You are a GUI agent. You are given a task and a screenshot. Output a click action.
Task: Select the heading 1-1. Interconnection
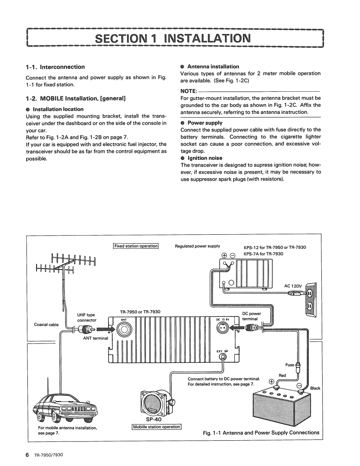click(x=55, y=67)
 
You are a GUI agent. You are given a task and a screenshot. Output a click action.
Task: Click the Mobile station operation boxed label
click(x=156, y=427)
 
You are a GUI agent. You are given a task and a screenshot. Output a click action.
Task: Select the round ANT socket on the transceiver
click(x=124, y=330)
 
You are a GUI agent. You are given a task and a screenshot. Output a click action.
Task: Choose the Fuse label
click(x=289, y=365)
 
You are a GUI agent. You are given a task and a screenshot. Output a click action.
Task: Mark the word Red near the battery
click(x=282, y=375)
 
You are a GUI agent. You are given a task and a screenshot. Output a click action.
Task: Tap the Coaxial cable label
click(x=46, y=325)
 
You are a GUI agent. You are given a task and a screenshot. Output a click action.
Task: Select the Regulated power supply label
click(x=197, y=246)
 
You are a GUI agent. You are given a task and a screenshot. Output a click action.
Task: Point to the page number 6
click(x=27, y=455)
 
